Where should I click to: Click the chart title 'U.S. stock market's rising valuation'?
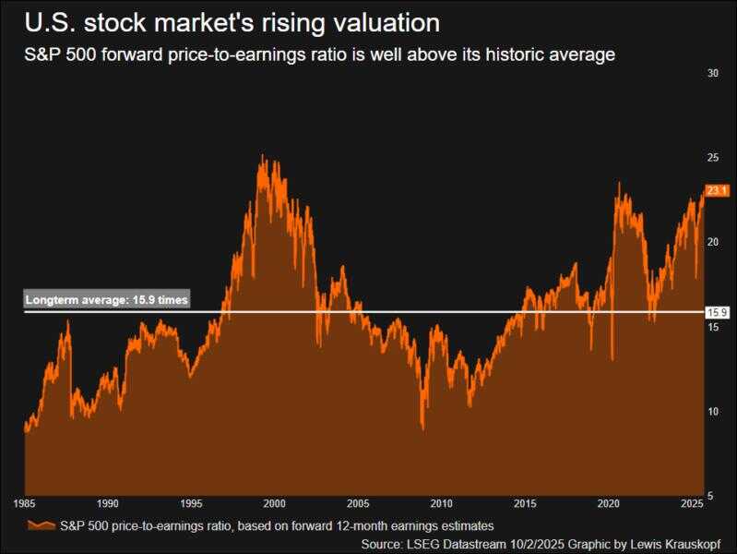pyautogui.click(x=232, y=21)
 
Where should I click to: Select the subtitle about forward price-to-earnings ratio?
pyautogui.click(x=319, y=55)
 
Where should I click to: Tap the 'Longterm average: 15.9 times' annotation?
pyautogui.click(x=106, y=300)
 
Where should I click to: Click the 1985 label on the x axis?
pyautogui.click(x=24, y=505)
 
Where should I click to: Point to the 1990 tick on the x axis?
pyautogui.click(x=108, y=505)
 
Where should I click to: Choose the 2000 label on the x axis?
pyautogui.click(x=274, y=505)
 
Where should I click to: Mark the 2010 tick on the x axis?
pyautogui.click(x=441, y=505)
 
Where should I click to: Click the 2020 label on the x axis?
pyautogui.click(x=608, y=505)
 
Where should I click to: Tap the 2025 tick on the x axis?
pyautogui.click(x=691, y=505)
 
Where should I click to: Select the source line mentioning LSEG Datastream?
pyautogui.click(x=548, y=543)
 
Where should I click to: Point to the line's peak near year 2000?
pyautogui.click(x=263, y=156)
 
